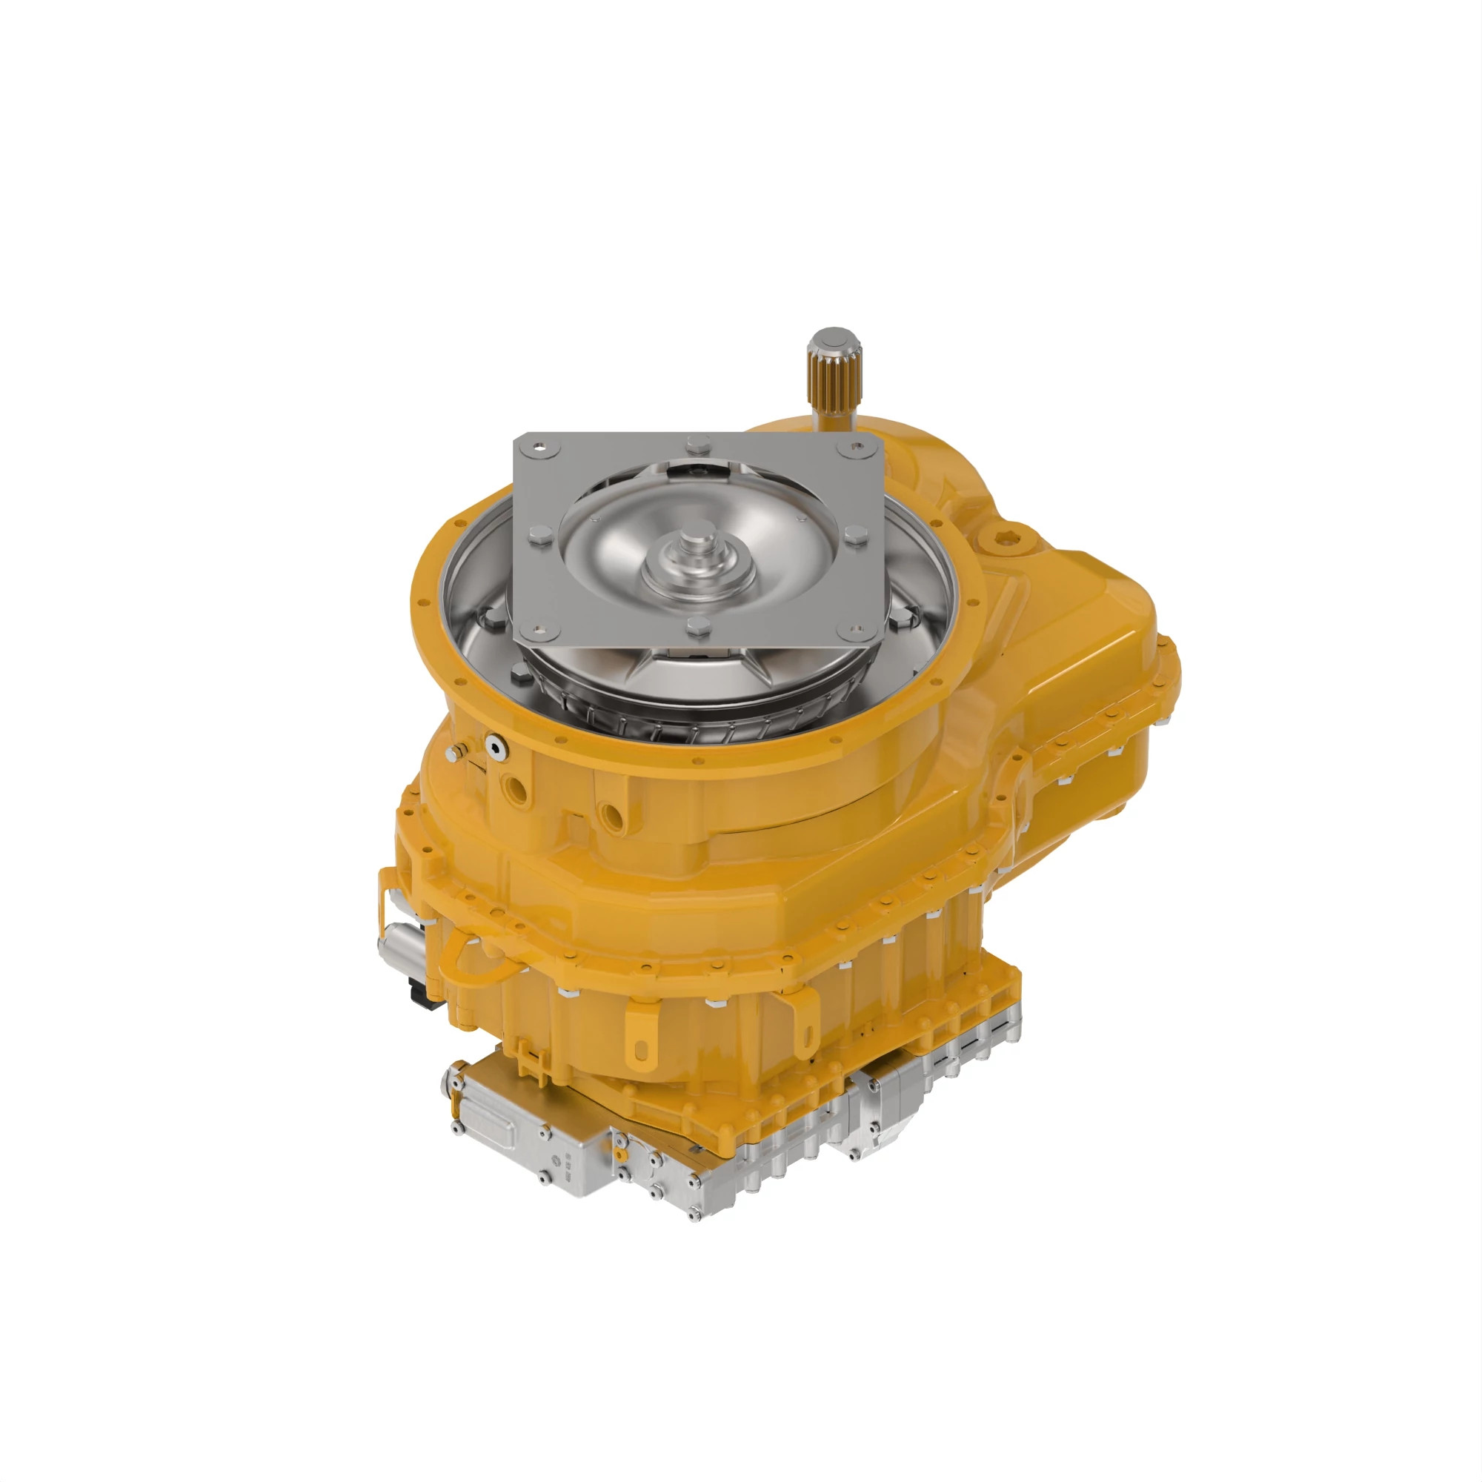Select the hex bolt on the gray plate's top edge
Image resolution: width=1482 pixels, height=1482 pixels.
698,442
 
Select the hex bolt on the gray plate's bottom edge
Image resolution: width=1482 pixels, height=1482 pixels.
698,626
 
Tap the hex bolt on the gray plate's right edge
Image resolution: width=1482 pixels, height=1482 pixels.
854,535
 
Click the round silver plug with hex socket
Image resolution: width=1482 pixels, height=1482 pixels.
495,744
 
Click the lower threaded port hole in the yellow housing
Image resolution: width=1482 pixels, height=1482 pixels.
611,814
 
